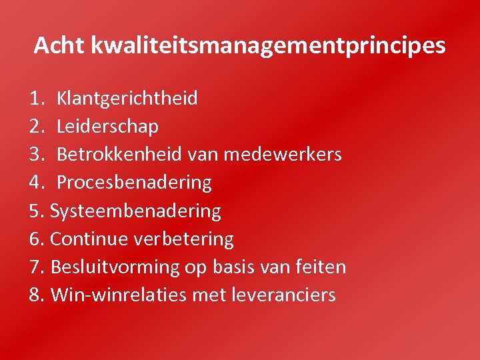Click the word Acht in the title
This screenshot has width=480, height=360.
click(x=59, y=45)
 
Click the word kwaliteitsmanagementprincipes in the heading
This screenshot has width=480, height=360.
click(x=268, y=47)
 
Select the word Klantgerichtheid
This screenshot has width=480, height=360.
click(x=127, y=99)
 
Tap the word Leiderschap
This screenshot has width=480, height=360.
click(x=107, y=127)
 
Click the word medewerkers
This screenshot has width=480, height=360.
click(x=283, y=155)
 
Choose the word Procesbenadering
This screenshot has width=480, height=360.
click(x=134, y=183)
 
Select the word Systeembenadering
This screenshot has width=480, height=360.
click(x=135, y=211)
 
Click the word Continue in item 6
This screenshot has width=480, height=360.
click(x=90, y=239)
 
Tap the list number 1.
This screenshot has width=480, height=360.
click(x=37, y=99)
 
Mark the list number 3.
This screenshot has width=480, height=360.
click(x=37, y=155)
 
